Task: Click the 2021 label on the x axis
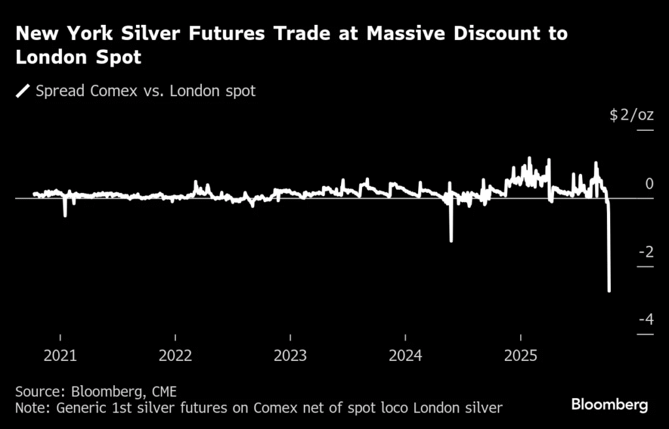[x=60, y=356]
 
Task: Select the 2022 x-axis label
[x=175, y=356]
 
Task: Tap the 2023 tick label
[x=290, y=356]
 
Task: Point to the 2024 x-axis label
[x=406, y=356]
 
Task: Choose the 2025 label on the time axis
[x=521, y=356]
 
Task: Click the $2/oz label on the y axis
[x=631, y=116]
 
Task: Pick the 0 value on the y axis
[x=649, y=184]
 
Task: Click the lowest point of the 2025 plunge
[x=610, y=291]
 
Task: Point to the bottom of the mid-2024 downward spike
[x=451, y=241]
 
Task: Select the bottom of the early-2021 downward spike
[x=65, y=216]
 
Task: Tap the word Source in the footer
[x=37, y=391]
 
